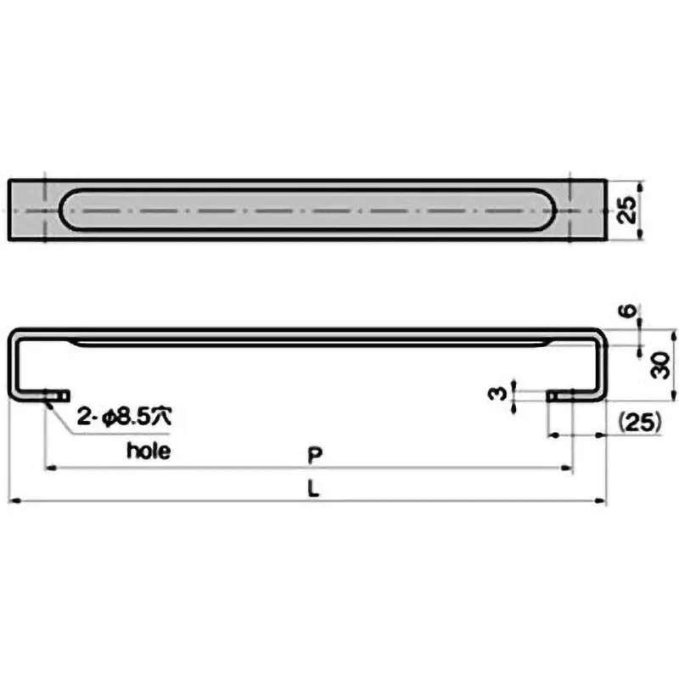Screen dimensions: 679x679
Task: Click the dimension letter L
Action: [313, 490]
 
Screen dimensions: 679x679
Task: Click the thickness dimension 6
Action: [626, 312]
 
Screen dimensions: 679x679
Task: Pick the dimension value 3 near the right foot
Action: [501, 394]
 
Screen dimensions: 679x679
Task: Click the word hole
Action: [149, 451]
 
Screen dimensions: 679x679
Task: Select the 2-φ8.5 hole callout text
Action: [126, 417]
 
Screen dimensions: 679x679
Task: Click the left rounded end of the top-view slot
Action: [68, 210]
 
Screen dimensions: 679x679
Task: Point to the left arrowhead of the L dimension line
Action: [14, 501]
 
